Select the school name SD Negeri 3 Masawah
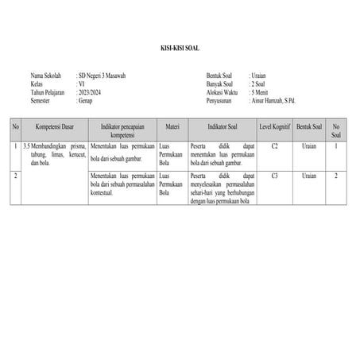click(102, 75)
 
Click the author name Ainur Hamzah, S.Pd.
click(279, 102)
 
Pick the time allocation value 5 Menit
click(263, 93)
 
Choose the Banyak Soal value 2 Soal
click(261, 84)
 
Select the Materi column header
click(172, 126)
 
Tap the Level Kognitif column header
click(274, 126)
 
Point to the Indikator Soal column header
click(223, 126)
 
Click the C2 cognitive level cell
click(274, 146)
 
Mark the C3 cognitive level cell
click(274, 175)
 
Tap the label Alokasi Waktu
click(222, 93)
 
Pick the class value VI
click(79, 84)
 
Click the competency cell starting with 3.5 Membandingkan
click(54, 154)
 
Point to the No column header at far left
click(15, 126)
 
